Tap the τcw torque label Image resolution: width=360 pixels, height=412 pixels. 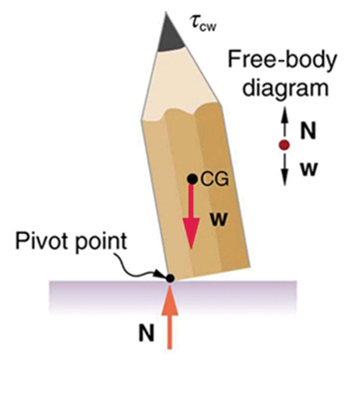click(x=203, y=19)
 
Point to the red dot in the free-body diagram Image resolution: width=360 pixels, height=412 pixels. click(x=284, y=145)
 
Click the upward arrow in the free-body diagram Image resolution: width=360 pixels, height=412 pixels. click(x=284, y=124)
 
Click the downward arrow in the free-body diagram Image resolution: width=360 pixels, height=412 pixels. click(x=284, y=166)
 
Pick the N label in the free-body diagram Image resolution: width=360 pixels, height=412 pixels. click(x=308, y=128)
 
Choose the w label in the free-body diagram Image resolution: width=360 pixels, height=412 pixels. click(x=308, y=169)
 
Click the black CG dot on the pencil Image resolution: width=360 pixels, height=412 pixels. click(x=193, y=180)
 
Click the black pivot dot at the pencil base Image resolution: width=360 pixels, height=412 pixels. click(x=170, y=278)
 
